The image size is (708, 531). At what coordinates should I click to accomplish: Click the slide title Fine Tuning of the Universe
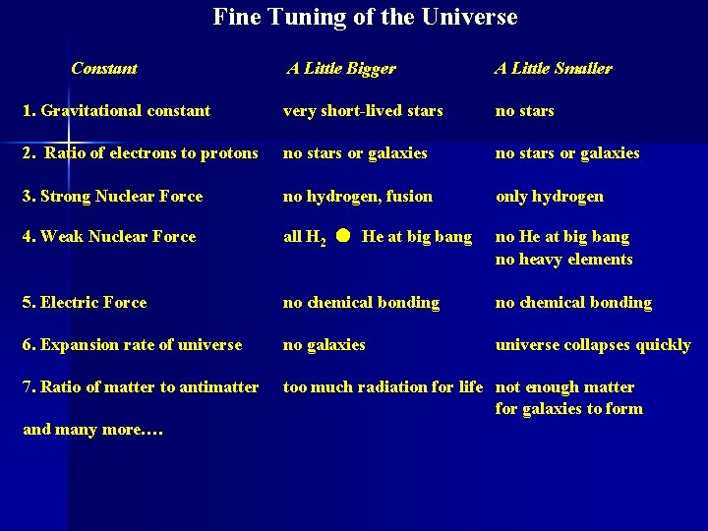365,18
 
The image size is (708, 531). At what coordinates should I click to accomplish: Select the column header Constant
104,69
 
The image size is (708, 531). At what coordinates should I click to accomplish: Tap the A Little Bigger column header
341,69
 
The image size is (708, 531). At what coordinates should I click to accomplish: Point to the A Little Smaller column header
553,69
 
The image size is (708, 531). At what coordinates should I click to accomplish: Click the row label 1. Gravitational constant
116,111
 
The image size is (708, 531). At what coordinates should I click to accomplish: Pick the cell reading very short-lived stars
363,111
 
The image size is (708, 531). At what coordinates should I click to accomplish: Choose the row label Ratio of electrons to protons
140,153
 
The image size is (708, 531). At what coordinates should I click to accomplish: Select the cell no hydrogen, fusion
358,197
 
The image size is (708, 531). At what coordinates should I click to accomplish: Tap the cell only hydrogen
550,197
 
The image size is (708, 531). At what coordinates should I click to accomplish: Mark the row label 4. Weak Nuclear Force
109,237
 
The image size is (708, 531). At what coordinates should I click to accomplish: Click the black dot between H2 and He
341,237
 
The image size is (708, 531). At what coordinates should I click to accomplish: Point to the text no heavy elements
564,260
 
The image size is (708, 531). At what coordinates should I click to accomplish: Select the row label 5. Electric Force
85,303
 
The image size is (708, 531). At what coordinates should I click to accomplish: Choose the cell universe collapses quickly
593,345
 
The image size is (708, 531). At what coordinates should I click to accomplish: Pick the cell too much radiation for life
383,387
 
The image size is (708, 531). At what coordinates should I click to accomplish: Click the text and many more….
92,430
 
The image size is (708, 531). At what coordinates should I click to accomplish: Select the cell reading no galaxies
324,345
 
